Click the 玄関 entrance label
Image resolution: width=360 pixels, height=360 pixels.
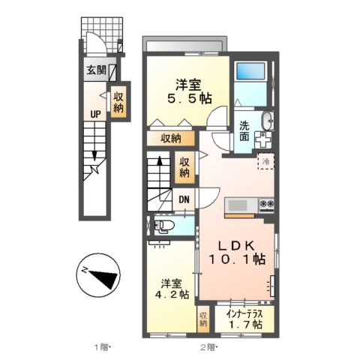click(x=95, y=72)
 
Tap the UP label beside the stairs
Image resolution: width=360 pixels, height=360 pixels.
click(x=95, y=115)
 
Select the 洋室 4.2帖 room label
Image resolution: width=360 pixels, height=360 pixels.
click(x=170, y=289)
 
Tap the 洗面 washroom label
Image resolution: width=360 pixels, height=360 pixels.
click(x=245, y=130)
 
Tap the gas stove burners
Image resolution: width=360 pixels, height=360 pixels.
click(x=267, y=204)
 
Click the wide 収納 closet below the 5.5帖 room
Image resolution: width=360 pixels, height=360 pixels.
click(x=170, y=138)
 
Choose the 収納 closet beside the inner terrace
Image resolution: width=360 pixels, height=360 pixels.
click(x=203, y=320)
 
